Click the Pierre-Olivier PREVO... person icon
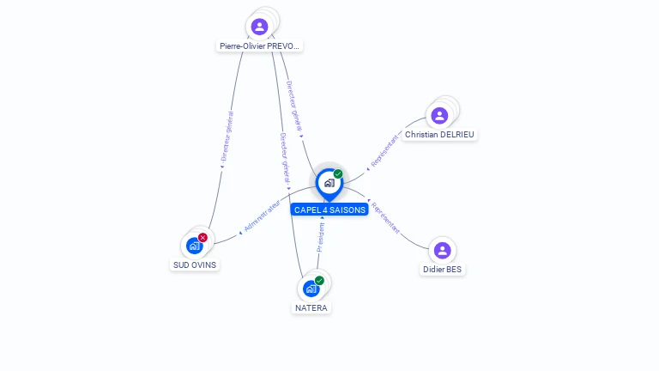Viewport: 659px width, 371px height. coord(259,27)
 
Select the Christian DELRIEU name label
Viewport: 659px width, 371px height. coord(439,135)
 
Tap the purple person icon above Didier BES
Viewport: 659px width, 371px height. coord(442,251)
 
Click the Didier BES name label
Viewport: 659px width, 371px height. coord(443,270)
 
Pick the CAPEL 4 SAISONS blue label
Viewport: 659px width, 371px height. coord(329,210)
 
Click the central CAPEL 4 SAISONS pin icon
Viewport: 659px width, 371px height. coord(329,183)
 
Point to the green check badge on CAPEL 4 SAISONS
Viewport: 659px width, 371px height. coord(338,174)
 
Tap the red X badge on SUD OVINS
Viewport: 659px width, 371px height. coord(203,237)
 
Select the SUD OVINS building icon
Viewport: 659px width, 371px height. coord(195,246)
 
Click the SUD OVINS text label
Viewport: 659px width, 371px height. coord(195,265)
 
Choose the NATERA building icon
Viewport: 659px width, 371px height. coord(311,289)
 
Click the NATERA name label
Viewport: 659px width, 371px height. coord(311,307)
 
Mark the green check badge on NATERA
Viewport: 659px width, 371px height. coord(319,281)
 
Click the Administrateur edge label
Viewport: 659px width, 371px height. coord(262,216)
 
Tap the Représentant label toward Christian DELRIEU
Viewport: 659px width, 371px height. coord(385,149)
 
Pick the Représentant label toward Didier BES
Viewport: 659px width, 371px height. coord(386,217)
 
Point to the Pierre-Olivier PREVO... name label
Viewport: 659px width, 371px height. coord(260,46)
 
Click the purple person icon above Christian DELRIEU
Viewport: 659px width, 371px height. coord(439,115)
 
